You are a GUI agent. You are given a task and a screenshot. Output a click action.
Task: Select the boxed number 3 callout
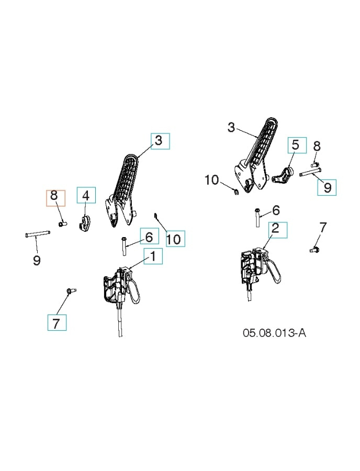coord(160,141)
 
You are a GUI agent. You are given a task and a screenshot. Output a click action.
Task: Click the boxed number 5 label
coord(296,145)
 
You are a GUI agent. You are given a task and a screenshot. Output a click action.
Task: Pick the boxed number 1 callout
coord(153,255)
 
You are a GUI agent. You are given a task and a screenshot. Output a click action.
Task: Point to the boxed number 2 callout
coord(277,230)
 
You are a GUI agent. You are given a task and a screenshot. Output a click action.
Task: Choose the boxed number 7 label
coord(57,322)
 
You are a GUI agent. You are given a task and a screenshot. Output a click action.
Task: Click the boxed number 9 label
coord(327,187)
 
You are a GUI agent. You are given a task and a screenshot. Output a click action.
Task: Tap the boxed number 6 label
coord(149,237)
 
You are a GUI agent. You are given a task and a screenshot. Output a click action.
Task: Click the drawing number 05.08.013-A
coord(274,333)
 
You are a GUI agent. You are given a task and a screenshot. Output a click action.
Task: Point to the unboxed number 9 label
coord(37,260)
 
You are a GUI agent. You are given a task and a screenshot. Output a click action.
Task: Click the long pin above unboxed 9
coord(37,234)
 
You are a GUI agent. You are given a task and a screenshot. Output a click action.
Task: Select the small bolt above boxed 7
coord(71,290)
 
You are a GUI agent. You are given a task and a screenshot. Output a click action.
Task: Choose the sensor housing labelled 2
coord(254,266)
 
